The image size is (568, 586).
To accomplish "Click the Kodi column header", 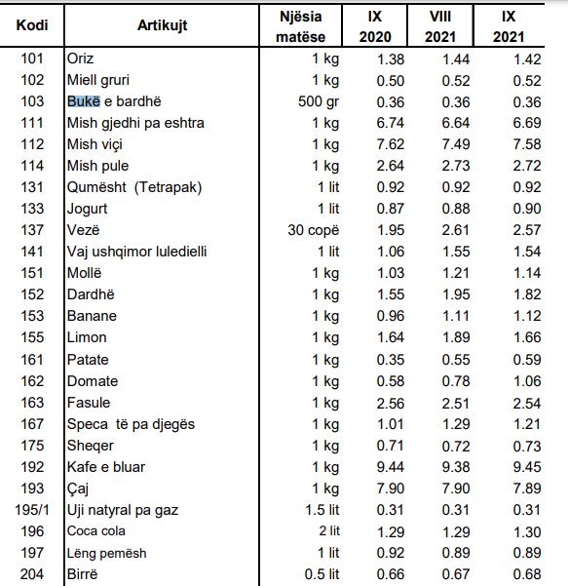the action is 32,25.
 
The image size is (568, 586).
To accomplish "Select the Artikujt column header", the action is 162,25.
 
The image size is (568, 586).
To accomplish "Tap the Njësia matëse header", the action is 301,26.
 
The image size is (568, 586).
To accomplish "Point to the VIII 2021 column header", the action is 440,26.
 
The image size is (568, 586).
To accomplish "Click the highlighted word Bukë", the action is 84,101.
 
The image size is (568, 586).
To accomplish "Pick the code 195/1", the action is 32,510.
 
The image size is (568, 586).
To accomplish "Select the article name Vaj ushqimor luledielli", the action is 136,252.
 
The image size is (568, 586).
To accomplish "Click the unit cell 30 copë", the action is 314,230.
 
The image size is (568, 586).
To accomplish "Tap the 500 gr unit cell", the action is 319,101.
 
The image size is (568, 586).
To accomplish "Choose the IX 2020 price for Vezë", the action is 391,230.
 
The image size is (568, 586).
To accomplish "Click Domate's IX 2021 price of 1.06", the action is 527,381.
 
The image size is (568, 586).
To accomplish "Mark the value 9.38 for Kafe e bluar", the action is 456,467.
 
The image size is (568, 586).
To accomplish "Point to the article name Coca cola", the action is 96,531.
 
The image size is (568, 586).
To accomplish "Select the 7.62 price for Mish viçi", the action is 391,144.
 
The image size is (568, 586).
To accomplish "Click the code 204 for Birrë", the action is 32,574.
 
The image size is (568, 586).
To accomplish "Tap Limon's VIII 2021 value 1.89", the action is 456,337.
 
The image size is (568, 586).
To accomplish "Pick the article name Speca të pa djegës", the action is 131,424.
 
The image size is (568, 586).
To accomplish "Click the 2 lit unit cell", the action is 329,531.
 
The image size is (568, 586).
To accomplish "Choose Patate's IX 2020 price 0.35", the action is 391,360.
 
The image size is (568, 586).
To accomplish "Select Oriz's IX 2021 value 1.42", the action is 527,59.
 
